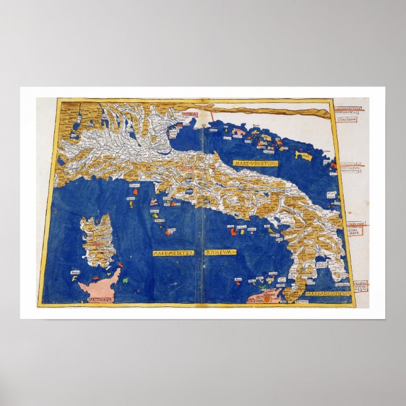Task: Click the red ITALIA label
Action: (x=188, y=169)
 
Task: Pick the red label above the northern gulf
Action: (x=190, y=115)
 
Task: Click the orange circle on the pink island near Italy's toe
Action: (x=266, y=300)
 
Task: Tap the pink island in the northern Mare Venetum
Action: (x=238, y=132)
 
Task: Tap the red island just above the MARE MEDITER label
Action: (x=167, y=231)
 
